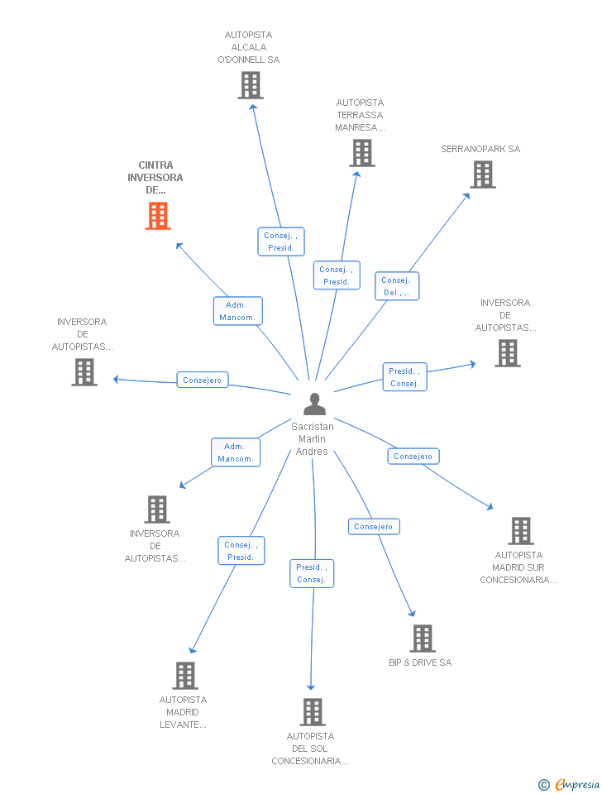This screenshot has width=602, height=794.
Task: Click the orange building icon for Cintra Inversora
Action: click(x=158, y=216)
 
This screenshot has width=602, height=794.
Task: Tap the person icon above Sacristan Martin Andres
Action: click(x=314, y=404)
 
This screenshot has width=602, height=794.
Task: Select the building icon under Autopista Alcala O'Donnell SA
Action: click(x=251, y=85)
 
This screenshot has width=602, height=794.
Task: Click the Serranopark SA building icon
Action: click(x=483, y=175)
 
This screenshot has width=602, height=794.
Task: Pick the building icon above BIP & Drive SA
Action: click(x=423, y=639)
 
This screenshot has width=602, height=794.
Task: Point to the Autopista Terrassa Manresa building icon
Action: click(x=362, y=153)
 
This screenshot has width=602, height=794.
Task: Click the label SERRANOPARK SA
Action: click(x=480, y=149)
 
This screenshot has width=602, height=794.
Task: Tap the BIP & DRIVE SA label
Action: click(x=420, y=662)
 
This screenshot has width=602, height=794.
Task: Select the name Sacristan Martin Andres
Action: click(x=313, y=439)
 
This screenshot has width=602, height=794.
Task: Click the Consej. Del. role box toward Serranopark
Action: click(x=397, y=286)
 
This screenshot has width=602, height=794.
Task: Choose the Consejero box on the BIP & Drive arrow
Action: click(x=374, y=527)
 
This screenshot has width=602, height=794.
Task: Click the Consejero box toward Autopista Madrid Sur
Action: click(x=413, y=457)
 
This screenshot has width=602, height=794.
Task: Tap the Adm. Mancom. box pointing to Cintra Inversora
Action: click(x=238, y=311)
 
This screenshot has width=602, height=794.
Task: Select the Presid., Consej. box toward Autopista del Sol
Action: click(x=312, y=573)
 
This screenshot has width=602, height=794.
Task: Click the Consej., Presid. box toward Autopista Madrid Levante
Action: click(x=241, y=551)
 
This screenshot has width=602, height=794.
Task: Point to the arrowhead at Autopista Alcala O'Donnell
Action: click(x=253, y=107)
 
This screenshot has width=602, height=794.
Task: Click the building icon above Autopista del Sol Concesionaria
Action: click(x=313, y=712)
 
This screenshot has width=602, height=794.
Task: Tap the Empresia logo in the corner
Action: click(x=569, y=784)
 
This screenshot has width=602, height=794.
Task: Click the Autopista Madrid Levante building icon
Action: click(x=185, y=676)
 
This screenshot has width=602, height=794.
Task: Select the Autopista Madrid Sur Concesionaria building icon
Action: click(x=521, y=531)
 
